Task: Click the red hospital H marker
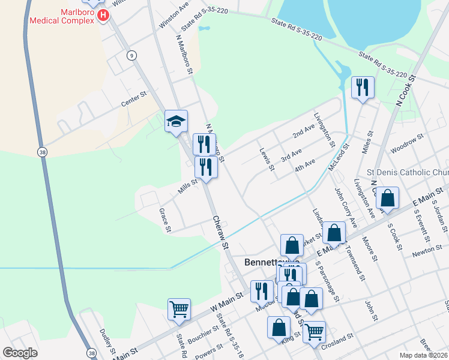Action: [103, 14]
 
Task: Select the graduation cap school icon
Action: [176, 122]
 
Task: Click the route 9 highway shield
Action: [131, 55]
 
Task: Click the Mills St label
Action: [187, 187]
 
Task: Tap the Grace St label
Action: [164, 220]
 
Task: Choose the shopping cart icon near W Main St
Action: [179, 310]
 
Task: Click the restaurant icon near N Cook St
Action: [363, 88]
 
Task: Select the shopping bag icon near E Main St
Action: [388, 199]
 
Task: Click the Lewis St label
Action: [267, 159]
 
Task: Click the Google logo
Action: [20, 353]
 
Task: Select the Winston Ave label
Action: [174, 17]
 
